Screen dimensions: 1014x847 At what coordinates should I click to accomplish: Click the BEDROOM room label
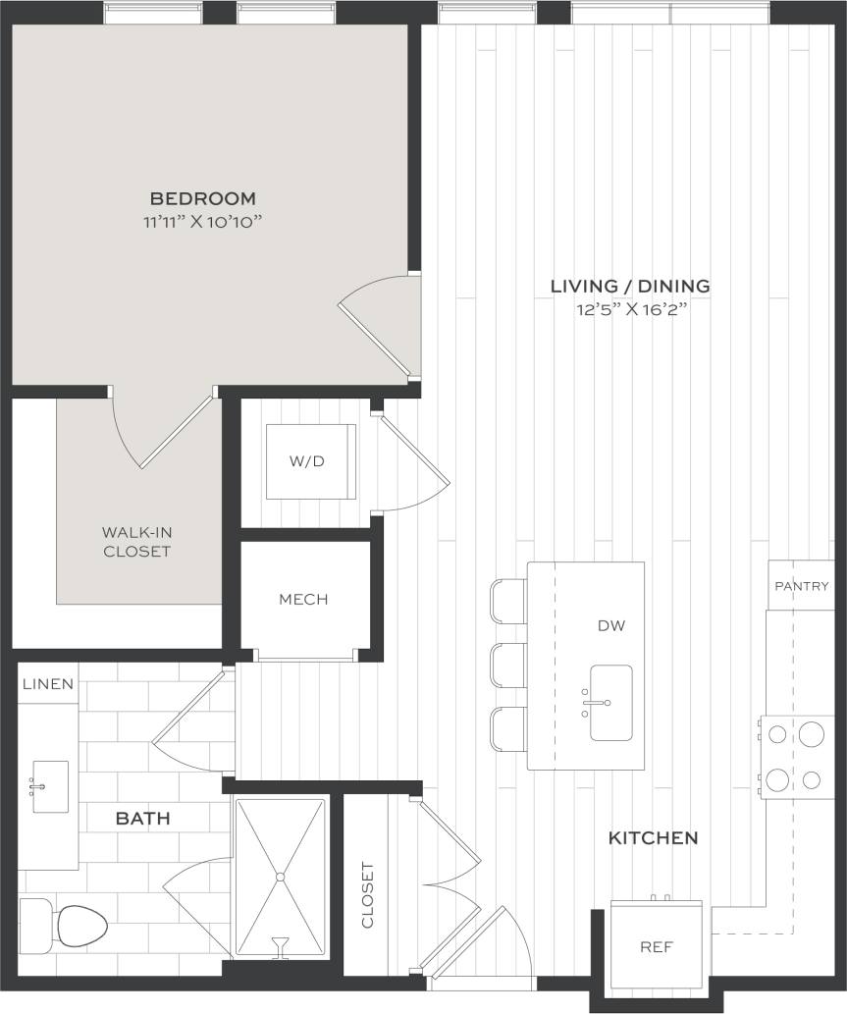[203, 198]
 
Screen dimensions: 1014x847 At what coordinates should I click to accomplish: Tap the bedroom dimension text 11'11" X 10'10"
[203, 221]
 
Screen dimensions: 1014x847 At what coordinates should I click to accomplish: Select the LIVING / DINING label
[629, 287]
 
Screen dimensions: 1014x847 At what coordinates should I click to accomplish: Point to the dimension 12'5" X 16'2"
[629, 310]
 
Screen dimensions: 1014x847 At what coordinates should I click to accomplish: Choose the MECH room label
[303, 600]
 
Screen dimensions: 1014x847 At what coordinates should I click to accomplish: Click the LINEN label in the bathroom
[48, 684]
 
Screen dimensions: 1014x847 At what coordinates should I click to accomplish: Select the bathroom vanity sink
[50, 785]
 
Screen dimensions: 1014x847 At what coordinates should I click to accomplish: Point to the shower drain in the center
[280, 876]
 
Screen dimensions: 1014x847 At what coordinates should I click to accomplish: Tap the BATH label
[143, 818]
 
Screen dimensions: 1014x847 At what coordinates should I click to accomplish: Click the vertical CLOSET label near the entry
[368, 894]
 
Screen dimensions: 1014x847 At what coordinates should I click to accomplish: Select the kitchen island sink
[610, 703]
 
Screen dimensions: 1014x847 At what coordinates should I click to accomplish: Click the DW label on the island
[610, 625]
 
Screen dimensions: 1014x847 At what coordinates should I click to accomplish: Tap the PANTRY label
[802, 586]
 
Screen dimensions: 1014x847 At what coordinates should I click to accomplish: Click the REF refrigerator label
[656, 948]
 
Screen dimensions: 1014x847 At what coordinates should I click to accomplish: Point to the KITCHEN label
[654, 838]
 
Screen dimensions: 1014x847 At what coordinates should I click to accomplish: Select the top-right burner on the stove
[812, 734]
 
